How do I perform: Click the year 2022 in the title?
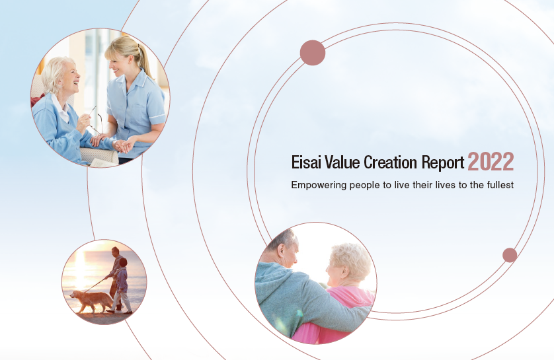[x=491, y=162]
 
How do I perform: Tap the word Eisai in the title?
[x=306, y=162]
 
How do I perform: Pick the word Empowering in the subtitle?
[x=319, y=186]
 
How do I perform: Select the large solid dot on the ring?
[x=313, y=53]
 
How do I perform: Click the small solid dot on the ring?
[x=510, y=255]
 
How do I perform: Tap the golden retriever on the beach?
[x=91, y=300]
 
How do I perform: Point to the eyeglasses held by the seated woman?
[x=95, y=120]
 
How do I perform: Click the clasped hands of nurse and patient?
[x=122, y=145]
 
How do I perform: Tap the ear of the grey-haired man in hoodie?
[x=281, y=250]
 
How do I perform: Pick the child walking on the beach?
[x=120, y=286]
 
